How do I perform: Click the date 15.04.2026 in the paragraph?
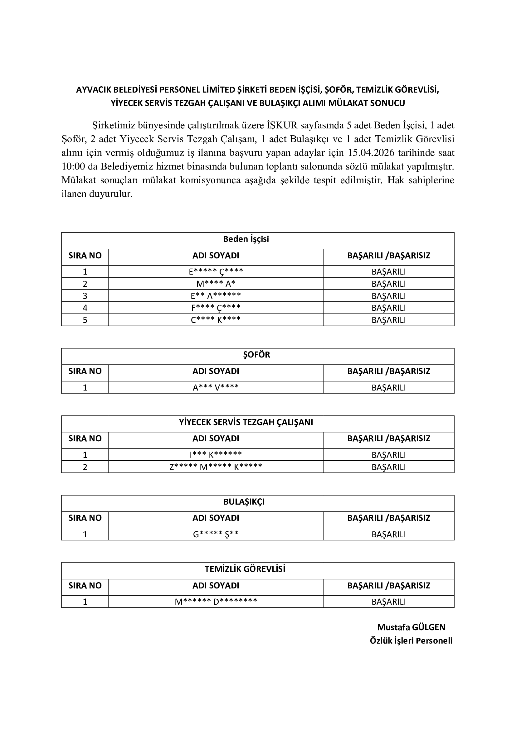pyautogui.click(x=371, y=153)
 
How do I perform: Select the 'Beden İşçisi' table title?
pyautogui.click(x=246, y=239)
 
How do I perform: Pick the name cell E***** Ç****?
pyautogui.click(x=216, y=272)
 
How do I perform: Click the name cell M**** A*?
pyautogui.click(x=216, y=284)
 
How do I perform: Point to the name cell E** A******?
pyautogui.click(x=216, y=296)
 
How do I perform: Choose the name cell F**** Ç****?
pyautogui.click(x=216, y=308)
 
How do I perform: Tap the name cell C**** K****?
pyautogui.click(x=216, y=320)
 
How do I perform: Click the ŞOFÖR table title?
pyautogui.click(x=256, y=355)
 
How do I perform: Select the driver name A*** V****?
pyautogui.click(x=216, y=387)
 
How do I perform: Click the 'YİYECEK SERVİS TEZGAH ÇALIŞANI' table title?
pyautogui.click(x=246, y=422)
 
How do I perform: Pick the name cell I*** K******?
pyautogui.click(x=216, y=455)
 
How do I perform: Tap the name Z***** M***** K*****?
pyautogui.click(x=216, y=467)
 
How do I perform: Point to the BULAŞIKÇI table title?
pyautogui.click(x=244, y=502)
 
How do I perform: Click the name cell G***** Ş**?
pyautogui.click(x=216, y=535)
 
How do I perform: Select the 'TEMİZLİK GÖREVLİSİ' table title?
pyautogui.click(x=245, y=569)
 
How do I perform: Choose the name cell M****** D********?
pyautogui.click(x=216, y=602)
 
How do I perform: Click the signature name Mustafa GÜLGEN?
pyautogui.click(x=411, y=627)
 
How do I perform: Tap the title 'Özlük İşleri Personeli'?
pyautogui.click(x=411, y=641)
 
